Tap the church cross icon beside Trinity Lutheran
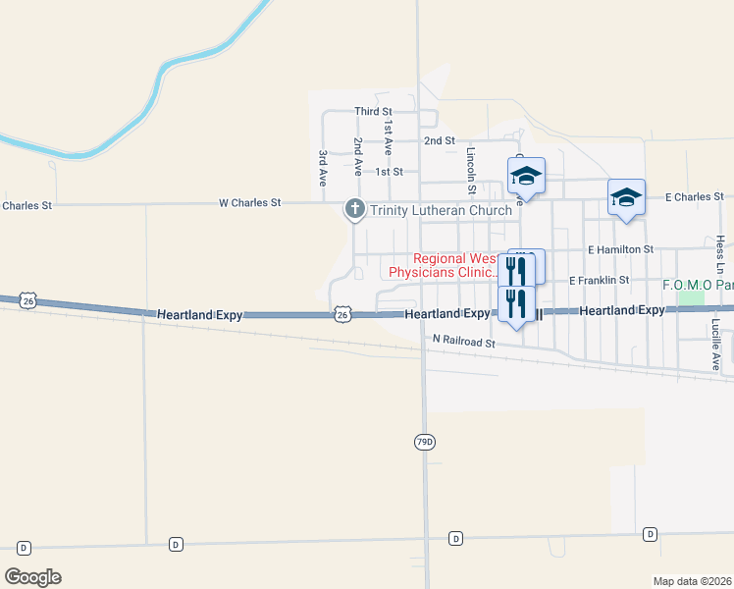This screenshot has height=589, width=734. click(x=354, y=209)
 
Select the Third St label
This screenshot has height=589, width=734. click(x=373, y=112)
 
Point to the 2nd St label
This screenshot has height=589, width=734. click(x=439, y=140)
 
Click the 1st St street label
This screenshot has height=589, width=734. click(x=389, y=172)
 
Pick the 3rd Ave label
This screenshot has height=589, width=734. click(x=322, y=168)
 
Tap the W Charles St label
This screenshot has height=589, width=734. click(x=249, y=202)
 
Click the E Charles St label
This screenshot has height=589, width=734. click(x=694, y=197)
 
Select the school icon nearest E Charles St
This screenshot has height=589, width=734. click(x=626, y=197)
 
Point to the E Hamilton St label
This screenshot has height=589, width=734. click(x=620, y=250)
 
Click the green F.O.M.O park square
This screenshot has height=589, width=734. click(x=691, y=295)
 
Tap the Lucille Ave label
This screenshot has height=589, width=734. click(x=716, y=344)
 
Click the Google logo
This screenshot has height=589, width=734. click(x=32, y=577)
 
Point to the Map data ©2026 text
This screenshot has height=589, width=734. click(x=691, y=581)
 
